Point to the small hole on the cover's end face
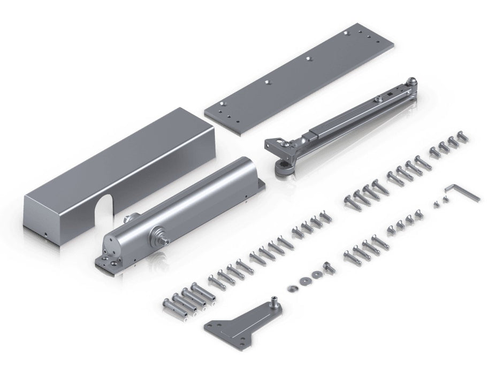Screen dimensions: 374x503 click(x=47, y=233)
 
